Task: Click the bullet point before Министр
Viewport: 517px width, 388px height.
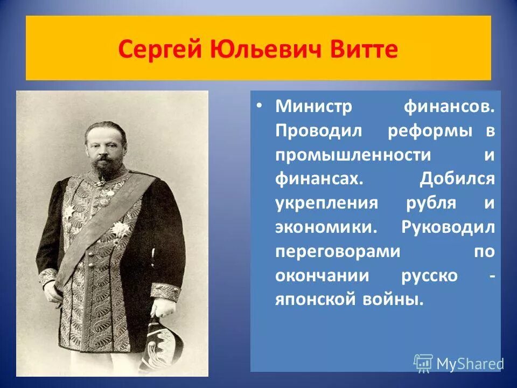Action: point(260,106)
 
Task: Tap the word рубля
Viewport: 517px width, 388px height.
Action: point(429,204)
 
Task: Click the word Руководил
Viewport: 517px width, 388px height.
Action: point(448,227)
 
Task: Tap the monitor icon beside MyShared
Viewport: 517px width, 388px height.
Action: point(423,363)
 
